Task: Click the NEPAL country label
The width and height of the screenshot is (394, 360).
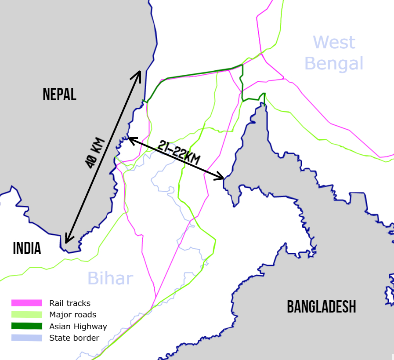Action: pyautogui.click(x=59, y=94)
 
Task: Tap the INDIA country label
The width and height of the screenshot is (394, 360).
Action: pyautogui.click(x=27, y=248)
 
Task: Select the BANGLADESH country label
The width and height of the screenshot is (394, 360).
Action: pyautogui.click(x=321, y=306)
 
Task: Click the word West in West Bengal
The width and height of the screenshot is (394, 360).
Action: pyautogui.click(x=334, y=43)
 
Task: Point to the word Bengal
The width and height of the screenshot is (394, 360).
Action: pyautogui.click(x=334, y=63)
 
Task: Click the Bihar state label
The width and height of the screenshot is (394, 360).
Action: pyautogui.click(x=110, y=278)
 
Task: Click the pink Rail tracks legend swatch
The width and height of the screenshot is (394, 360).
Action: pyautogui.click(x=27, y=303)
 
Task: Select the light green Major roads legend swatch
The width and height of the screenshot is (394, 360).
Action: pyautogui.click(x=27, y=315)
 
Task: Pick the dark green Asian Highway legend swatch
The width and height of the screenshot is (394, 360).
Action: pyautogui.click(x=27, y=326)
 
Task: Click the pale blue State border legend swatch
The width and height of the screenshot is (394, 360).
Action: pyautogui.click(x=27, y=338)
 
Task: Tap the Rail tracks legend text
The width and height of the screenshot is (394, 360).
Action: pyautogui.click(x=70, y=303)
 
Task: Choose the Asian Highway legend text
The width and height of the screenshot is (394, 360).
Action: pyautogui.click(x=78, y=327)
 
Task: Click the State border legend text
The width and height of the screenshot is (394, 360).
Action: pyautogui.click(x=74, y=338)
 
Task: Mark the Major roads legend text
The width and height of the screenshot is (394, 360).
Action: pyautogui.click(x=73, y=315)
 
